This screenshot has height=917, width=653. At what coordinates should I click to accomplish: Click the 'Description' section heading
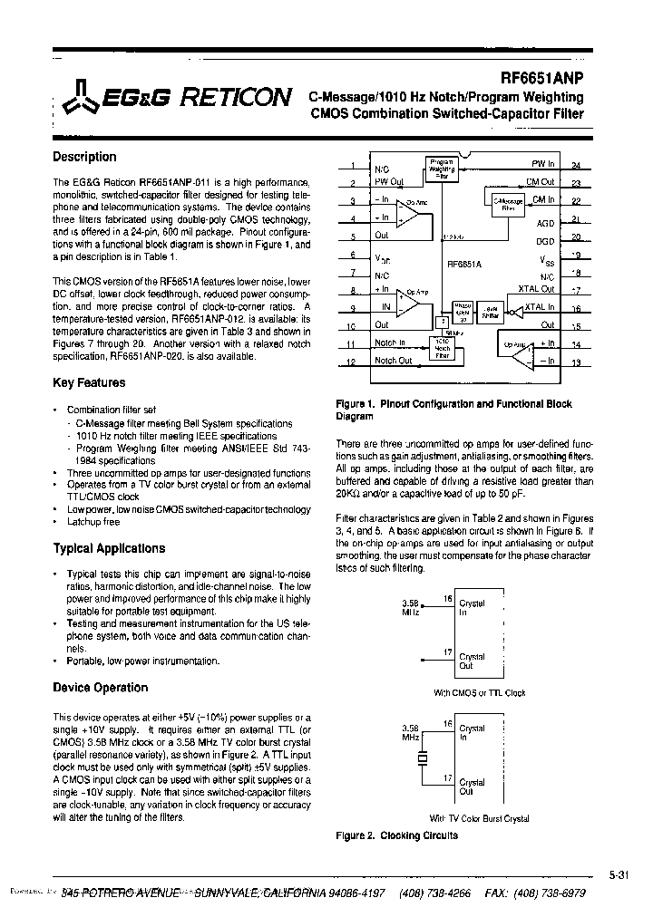click(x=84, y=157)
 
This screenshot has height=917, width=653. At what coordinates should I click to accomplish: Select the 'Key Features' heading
click(x=89, y=383)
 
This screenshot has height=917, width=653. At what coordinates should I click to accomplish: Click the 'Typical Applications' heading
click(x=109, y=548)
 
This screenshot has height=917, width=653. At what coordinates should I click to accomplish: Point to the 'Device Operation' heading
click(x=100, y=688)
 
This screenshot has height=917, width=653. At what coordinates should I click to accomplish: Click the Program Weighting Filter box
click(x=442, y=168)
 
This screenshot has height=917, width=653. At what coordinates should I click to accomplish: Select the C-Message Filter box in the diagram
click(x=507, y=203)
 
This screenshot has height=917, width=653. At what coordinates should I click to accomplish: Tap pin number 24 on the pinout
click(x=576, y=166)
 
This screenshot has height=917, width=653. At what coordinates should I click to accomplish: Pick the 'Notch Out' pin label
click(x=394, y=361)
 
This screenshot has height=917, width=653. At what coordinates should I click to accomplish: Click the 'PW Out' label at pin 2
click(x=389, y=182)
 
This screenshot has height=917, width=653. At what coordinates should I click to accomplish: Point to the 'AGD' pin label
click(x=545, y=222)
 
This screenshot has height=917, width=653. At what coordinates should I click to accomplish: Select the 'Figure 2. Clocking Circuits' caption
click(x=396, y=835)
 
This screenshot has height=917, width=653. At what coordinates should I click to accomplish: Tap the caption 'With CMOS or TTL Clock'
click(x=479, y=693)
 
